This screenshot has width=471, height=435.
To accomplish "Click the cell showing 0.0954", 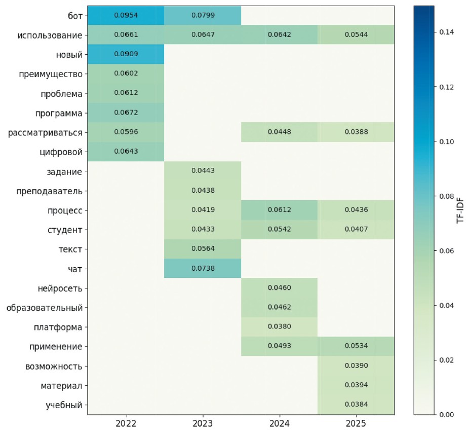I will pyautogui.click(x=126, y=15).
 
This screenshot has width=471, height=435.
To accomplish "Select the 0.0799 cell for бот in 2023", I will pyautogui.click(x=203, y=15).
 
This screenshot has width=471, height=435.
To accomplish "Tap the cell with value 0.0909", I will pyautogui.click(x=126, y=54).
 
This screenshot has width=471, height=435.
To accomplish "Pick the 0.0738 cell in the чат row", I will pyautogui.click(x=203, y=269).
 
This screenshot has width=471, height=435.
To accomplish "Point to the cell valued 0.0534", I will pyautogui.click(x=357, y=347).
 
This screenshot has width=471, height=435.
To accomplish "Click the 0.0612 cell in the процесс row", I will pyautogui.click(x=280, y=210).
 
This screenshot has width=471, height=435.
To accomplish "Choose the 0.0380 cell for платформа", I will pyautogui.click(x=280, y=327).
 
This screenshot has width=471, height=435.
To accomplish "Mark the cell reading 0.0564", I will pyautogui.click(x=203, y=249).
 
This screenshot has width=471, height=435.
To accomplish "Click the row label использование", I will pyautogui.click(x=50, y=35).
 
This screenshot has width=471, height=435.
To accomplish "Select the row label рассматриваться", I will pyautogui.click(x=45, y=133).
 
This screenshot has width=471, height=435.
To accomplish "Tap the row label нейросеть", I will pyautogui.click(x=59, y=288).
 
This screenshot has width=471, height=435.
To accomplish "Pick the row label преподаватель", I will pyautogui.click(x=52, y=191).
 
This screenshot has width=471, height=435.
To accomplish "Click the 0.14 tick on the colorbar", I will pyautogui.click(x=446, y=32).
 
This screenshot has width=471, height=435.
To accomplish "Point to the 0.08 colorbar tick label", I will pyautogui.click(x=446, y=196).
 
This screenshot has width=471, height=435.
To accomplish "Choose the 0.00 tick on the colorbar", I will pyautogui.click(x=446, y=415).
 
